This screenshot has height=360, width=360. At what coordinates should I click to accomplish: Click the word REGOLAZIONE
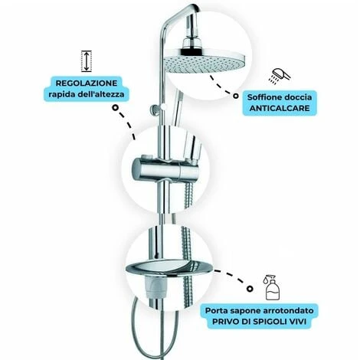(x=87, y=83)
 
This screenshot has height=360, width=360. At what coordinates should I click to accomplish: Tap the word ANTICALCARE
(x=280, y=108)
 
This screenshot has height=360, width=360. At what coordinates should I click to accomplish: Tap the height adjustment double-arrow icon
(x=87, y=61)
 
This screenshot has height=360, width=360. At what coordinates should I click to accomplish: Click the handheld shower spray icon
(x=280, y=76)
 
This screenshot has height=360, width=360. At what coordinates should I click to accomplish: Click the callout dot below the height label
(x=115, y=108)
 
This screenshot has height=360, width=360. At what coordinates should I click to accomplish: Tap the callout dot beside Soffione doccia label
(x=236, y=96)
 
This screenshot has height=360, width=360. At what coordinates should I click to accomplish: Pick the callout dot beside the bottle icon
(x=250, y=289)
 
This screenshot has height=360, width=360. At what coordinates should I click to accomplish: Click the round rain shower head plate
(x=205, y=62)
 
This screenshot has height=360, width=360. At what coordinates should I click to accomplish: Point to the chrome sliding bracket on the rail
(x=165, y=170)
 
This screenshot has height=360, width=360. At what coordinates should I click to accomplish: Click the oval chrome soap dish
(x=169, y=268)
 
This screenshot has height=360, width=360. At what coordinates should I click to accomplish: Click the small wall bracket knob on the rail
(x=155, y=109)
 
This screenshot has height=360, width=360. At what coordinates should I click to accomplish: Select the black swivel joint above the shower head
(x=191, y=50)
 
